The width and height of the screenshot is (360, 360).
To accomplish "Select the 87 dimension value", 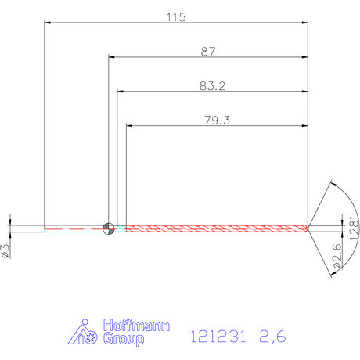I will (x=208, y=51).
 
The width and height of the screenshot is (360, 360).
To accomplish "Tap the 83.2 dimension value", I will (x=212, y=85).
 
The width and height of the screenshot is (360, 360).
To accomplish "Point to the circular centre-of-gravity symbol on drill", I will (x=109, y=229).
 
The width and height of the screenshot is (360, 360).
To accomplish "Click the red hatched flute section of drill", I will (x=215, y=229).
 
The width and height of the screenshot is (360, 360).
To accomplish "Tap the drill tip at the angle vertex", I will (x=308, y=229).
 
